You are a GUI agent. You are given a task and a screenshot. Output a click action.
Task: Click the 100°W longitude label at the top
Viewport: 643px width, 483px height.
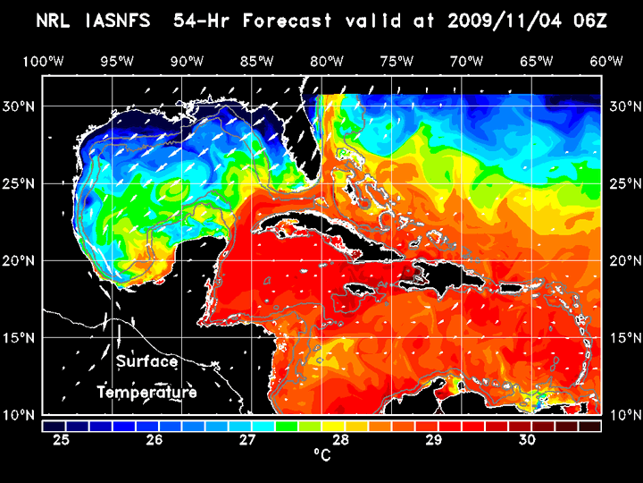[43, 61]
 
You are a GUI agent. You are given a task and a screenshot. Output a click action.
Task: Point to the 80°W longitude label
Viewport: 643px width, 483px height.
[328, 61]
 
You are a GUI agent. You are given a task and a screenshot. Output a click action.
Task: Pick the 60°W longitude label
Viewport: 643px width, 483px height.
[607, 61]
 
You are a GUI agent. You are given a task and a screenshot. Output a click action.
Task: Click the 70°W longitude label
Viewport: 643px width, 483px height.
[467, 61]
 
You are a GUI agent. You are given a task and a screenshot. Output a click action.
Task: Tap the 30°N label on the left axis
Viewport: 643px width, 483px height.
[21, 106]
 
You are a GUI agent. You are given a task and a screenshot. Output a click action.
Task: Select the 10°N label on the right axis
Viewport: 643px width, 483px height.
[623, 415]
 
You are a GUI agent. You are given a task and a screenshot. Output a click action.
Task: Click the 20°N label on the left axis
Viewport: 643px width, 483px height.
[21, 260]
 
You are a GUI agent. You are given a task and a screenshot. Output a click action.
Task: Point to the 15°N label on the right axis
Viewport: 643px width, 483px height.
[623, 338]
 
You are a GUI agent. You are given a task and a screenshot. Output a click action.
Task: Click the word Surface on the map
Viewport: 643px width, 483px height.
[147, 362]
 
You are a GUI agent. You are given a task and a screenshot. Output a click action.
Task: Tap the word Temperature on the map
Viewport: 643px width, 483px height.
[147, 393]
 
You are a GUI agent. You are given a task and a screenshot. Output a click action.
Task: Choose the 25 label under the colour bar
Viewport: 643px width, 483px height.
[62, 440]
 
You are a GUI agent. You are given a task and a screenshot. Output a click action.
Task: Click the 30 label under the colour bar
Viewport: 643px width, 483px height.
[527, 440]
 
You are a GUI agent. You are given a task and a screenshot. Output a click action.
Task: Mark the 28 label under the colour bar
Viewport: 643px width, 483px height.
[341, 440]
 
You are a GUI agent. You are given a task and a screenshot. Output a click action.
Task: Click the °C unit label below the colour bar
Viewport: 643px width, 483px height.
[321, 455]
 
